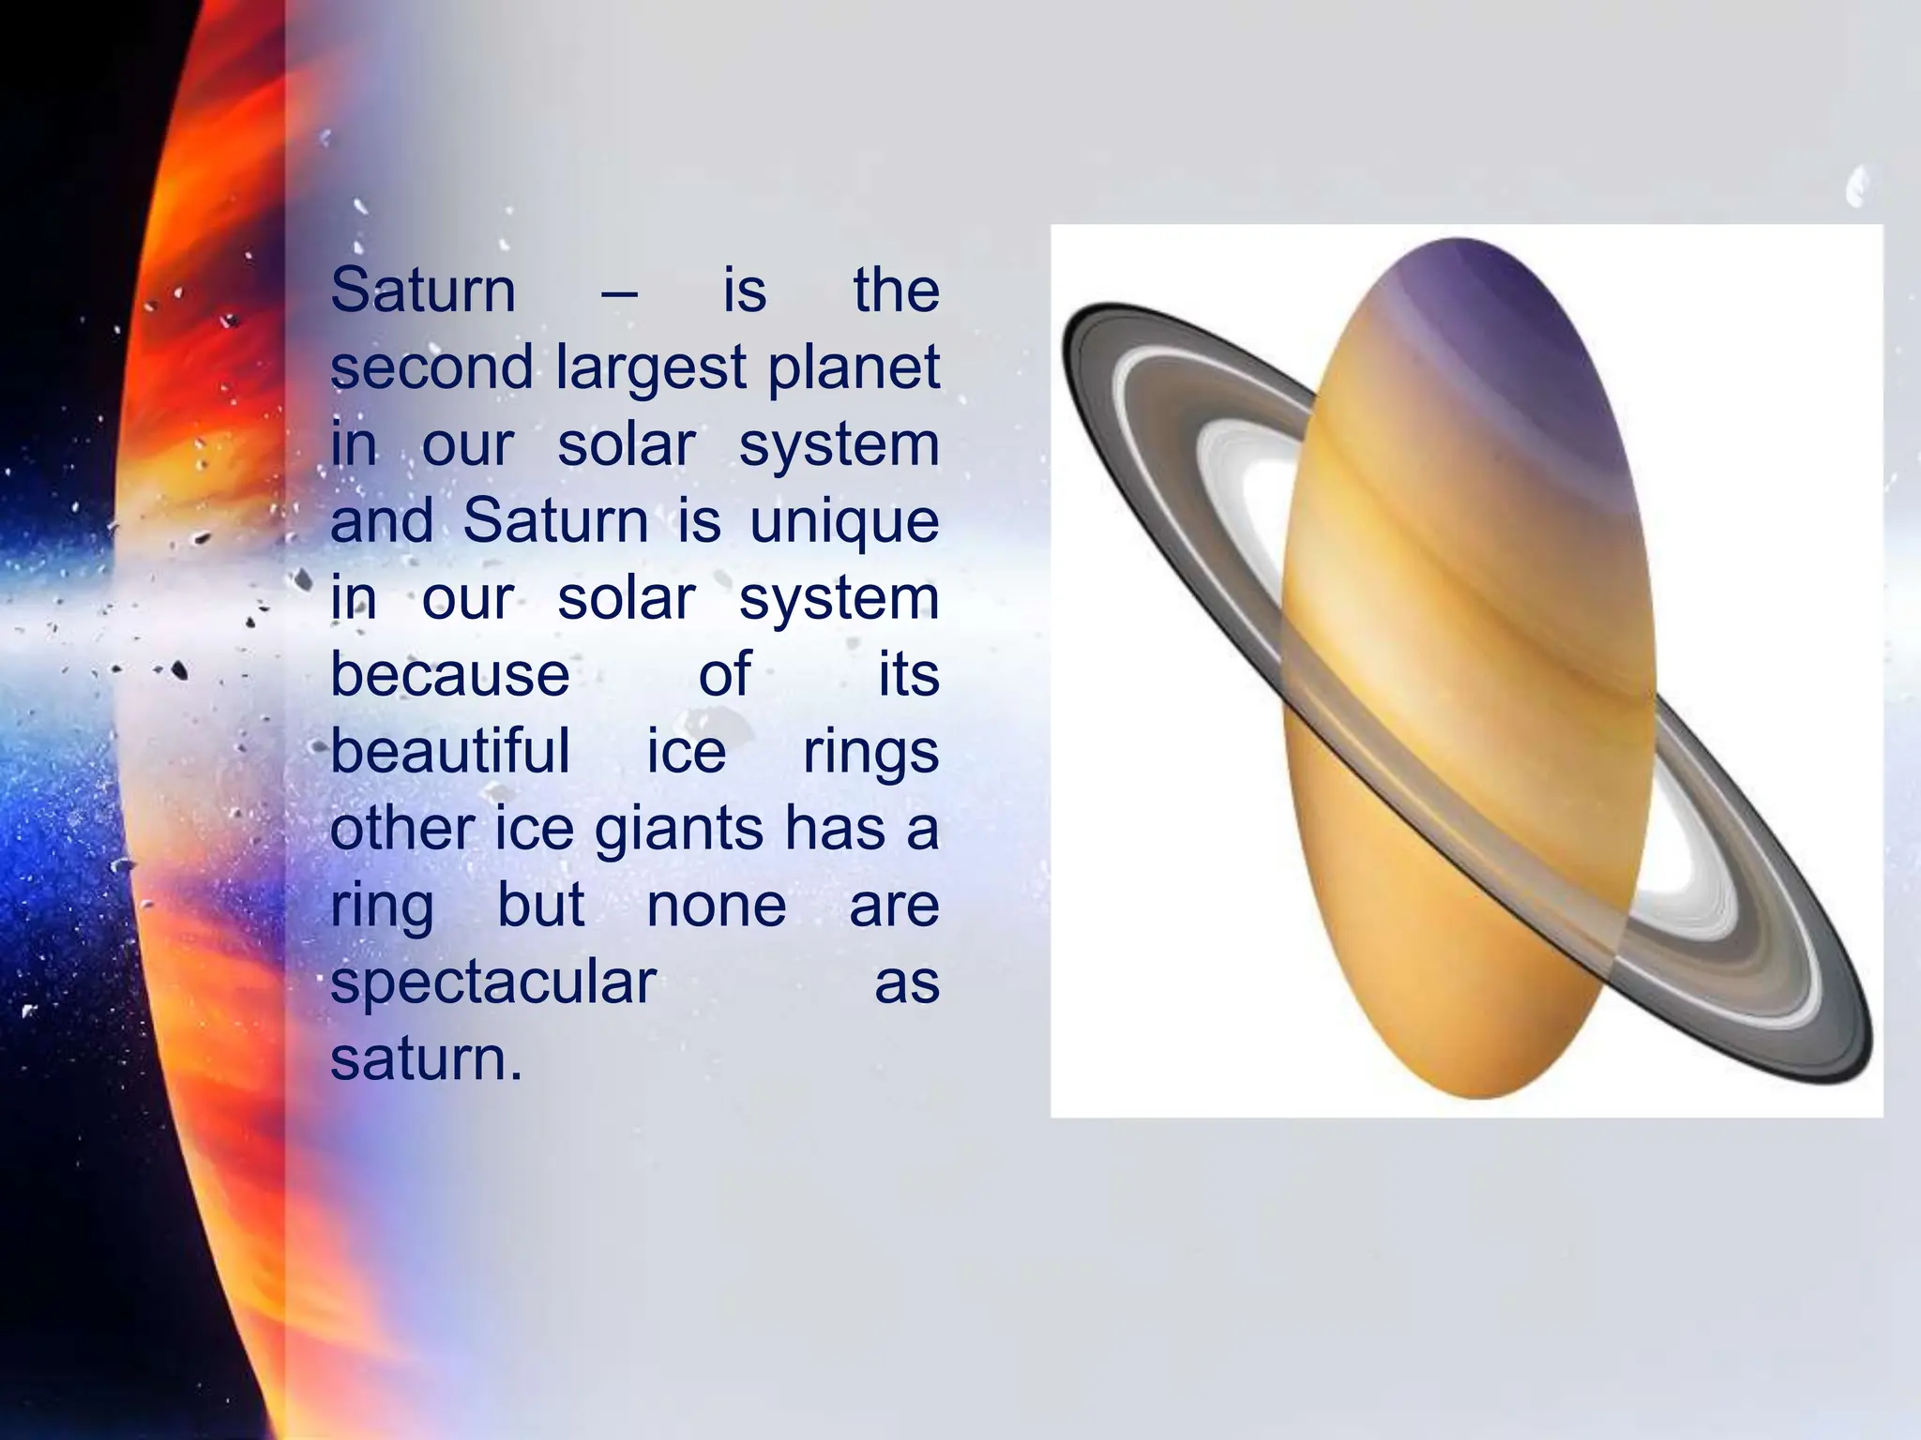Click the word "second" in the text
click(x=431, y=367)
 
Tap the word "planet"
click(x=854, y=368)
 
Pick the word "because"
click(x=450, y=674)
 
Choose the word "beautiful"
click(x=450, y=751)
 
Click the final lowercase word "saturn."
click(x=426, y=1059)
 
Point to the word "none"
click(x=717, y=906)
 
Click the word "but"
click(x=541, y=906)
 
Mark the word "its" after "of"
click(x=908, y=674)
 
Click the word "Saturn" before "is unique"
click(x=555, y=520)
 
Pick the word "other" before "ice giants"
click(x=403, y=829)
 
